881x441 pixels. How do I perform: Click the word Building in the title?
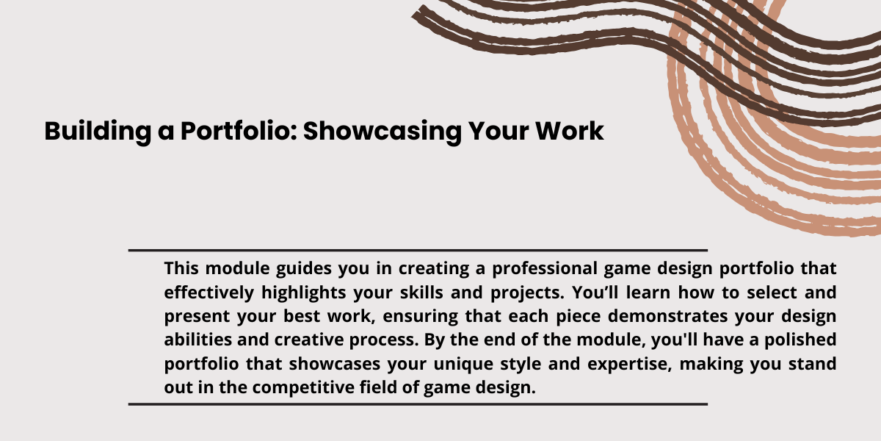[x=98, y=132]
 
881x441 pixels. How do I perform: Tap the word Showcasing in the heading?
[x=383, y=132]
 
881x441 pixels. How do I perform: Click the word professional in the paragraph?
[x=544, y=268]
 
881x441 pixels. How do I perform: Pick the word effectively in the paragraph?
[x=209, y=293]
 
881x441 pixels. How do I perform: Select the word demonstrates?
[x=668, y=316]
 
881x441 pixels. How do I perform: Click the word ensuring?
[x=421, y=317]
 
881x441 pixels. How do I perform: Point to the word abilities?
[x=197, y=340]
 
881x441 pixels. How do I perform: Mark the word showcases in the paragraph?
[x=334, y=364]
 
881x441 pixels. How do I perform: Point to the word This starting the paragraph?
[x=181, y=268]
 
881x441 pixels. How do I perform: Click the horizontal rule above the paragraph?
[x=418, y=250]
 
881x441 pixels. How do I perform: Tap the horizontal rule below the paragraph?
[x=418, y=404]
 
